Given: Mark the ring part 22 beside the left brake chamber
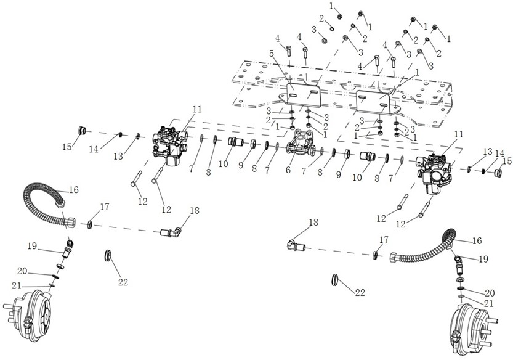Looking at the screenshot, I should pos(108,255).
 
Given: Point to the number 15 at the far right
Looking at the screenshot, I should pos(506,161).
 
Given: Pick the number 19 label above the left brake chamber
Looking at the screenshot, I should pos(32,246).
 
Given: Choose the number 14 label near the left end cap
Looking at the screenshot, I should pos(93,149).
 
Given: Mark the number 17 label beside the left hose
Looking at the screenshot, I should pos(105,207).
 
